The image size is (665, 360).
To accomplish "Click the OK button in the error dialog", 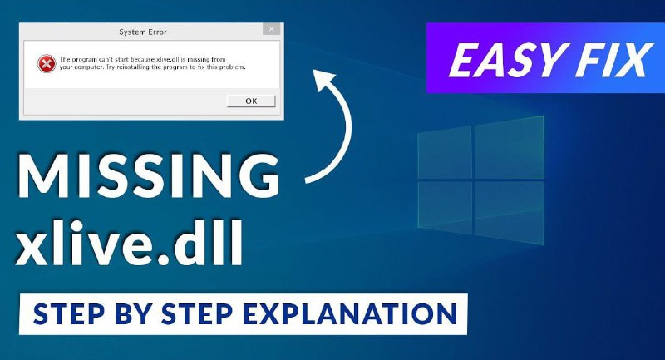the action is coord(251,101).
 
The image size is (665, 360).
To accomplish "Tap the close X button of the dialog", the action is coord(272,29).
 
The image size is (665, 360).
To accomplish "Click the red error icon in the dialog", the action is coord(47,64).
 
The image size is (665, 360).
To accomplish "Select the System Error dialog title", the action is coord(143,32).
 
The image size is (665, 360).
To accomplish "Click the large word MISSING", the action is coord(149,175).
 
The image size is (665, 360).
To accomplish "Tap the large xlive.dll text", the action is coord(130,243).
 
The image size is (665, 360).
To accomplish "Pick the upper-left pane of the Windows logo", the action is coord(445,152).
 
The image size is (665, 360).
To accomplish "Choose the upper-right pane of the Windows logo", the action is coord(509,147).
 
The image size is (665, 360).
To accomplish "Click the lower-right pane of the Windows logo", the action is coord(509,213).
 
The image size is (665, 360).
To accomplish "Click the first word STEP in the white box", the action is coord(68,314).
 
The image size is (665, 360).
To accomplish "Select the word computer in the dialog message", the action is coord(87,67).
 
